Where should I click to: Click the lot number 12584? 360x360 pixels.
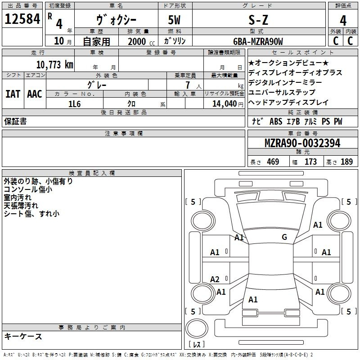click(22, 20)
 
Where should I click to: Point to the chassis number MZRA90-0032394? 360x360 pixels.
click(302, 144)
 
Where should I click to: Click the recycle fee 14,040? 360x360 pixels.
click(221, 103)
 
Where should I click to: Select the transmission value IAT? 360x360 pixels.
click(13, 94)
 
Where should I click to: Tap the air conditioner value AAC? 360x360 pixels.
click(34, 94)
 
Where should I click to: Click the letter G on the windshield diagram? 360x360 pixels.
click(284, 237)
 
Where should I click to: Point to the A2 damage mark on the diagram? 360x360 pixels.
click(215, 279)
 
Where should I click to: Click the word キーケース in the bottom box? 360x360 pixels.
click(23, 337)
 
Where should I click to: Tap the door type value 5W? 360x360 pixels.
click(175, 20)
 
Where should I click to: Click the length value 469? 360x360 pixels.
click(272, 162)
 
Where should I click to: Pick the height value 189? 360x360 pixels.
click(346, 162)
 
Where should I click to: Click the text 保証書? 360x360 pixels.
click(15, 121)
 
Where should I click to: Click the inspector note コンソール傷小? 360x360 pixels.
click(28, 189)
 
